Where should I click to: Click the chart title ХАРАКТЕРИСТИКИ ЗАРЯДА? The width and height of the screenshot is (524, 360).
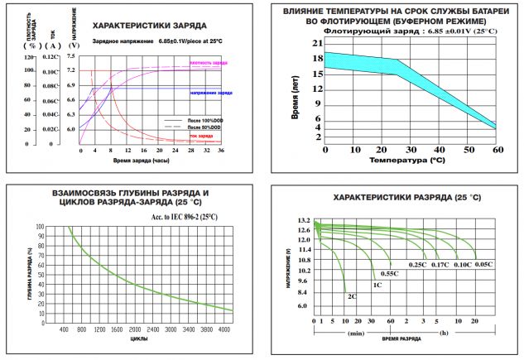149,26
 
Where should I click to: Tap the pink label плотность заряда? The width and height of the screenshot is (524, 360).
209,64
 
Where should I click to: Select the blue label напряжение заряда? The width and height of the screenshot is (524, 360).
211,93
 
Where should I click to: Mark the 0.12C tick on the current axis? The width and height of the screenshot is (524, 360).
51,56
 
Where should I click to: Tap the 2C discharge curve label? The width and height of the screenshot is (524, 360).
353,296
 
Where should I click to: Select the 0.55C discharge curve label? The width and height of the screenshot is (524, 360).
389,273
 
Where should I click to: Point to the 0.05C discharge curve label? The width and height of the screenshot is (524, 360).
483,264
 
